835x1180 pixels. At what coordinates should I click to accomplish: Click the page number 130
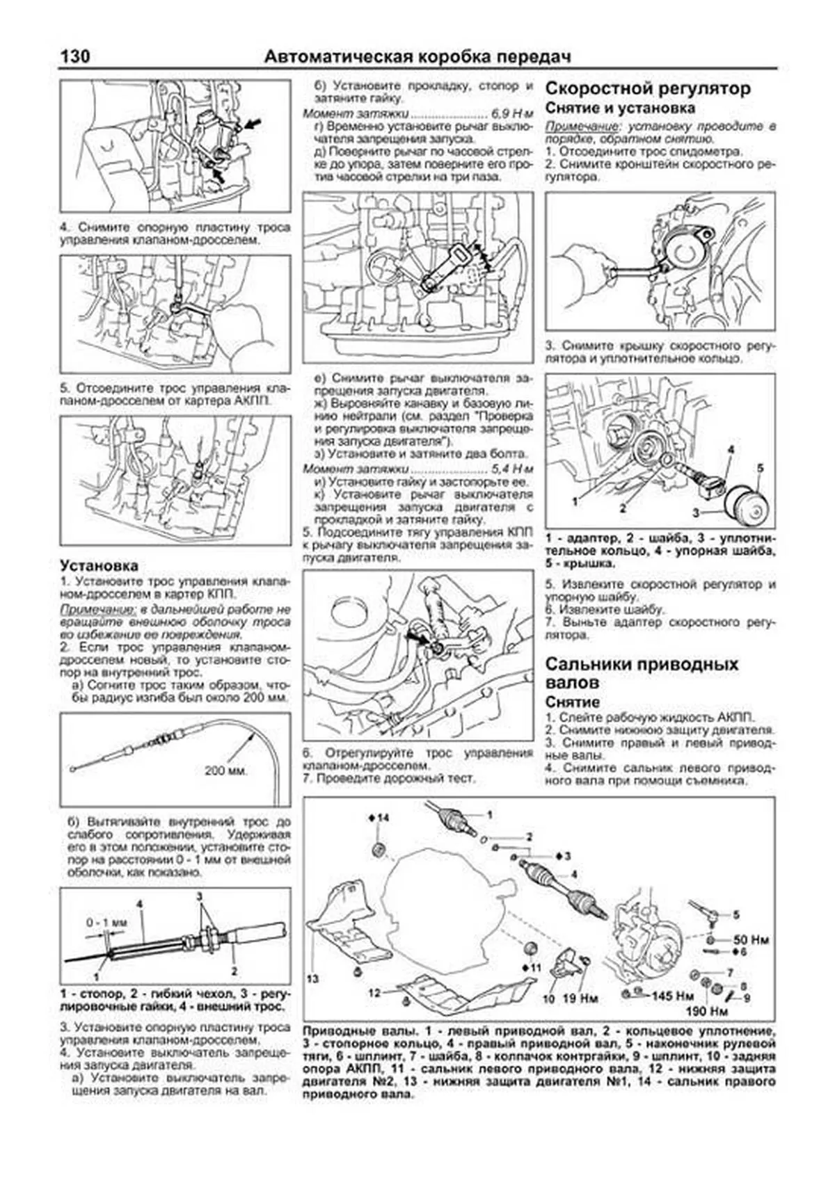point(75,57)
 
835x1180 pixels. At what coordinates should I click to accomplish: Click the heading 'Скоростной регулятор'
point(647,89)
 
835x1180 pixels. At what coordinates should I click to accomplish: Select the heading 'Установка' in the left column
point(99,565)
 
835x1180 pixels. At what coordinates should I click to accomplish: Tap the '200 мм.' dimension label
point(226,770)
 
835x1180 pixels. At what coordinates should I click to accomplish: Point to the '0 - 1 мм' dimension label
point(107,923)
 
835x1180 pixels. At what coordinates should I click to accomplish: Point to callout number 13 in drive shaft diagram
point(312,978)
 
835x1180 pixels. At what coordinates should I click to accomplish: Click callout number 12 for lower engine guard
point(374,993)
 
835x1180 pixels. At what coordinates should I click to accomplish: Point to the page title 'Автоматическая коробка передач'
point(417,57)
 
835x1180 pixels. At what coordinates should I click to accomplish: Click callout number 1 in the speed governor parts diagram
point(575,501)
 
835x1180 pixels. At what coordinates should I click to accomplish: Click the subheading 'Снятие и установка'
point(619,108)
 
